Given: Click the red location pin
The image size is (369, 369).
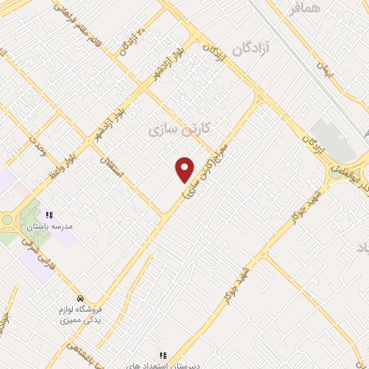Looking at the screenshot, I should point(184,169).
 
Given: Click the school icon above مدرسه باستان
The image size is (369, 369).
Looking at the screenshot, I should point(49,215).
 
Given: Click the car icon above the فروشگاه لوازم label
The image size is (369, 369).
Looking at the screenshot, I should point(80,298).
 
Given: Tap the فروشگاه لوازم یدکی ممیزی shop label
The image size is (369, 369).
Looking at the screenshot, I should point(79,314).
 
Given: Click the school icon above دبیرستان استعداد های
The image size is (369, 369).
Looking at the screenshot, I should point(163,355).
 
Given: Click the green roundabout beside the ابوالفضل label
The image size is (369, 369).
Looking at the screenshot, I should point(335,172).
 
